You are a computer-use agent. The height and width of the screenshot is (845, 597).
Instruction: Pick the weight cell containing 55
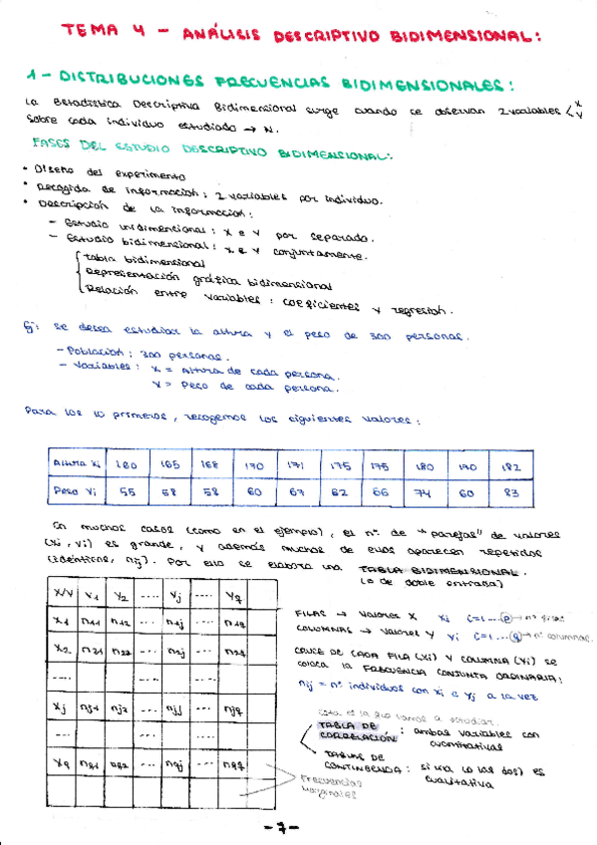click(x=128, y=491)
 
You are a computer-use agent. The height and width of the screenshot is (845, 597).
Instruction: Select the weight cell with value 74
click(x=425, y=491)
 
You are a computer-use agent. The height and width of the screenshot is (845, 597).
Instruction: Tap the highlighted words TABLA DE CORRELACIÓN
click(x=344, y=733)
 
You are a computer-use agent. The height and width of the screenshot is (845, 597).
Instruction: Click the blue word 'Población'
click(x=96, y=352)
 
